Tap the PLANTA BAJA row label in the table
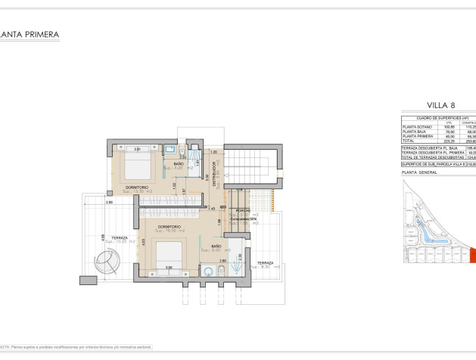click(x=415, y=131)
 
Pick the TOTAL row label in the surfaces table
click(x=409, y=140)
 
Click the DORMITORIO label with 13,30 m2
click(x=136, y=187)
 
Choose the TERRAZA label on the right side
click(x=266, y=262)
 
